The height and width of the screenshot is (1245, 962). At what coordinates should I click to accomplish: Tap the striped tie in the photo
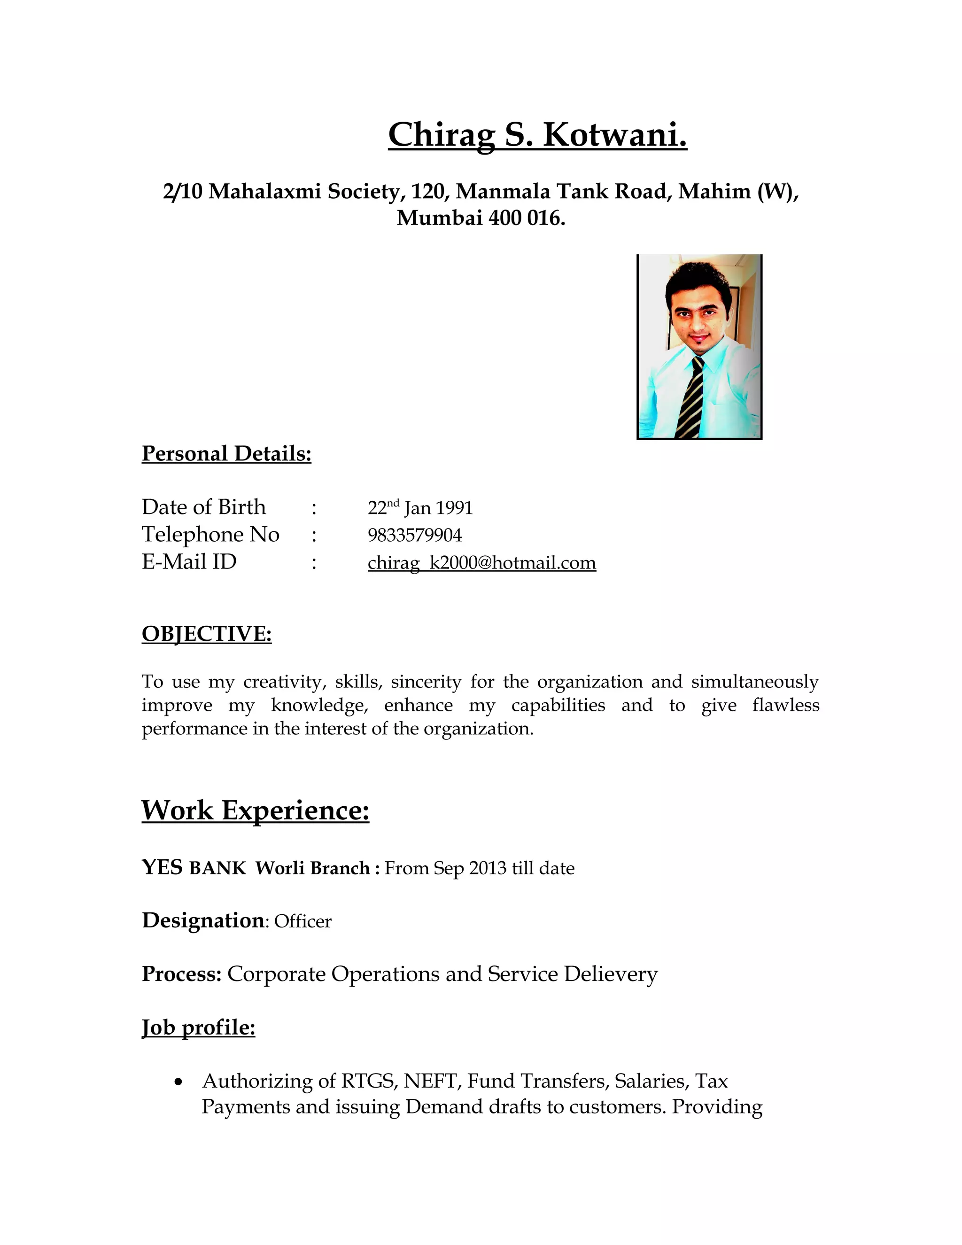690,398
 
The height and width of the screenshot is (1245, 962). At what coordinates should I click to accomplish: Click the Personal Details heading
226,454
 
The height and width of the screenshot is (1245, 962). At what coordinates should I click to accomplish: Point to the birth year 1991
454,508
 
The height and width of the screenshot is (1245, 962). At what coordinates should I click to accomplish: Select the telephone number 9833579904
414,535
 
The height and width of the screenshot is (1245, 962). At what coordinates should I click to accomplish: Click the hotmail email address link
481,563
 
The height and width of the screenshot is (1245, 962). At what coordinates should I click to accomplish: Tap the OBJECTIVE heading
206,634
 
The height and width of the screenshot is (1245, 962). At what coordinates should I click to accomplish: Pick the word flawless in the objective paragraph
785,705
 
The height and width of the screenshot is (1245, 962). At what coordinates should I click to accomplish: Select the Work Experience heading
256,810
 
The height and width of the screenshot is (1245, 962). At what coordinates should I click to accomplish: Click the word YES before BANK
162,868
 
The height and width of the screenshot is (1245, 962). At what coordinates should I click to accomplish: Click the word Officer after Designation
303,921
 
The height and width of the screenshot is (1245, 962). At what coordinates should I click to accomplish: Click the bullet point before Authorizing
179,1082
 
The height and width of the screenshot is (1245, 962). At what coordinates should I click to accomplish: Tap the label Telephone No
210,535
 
